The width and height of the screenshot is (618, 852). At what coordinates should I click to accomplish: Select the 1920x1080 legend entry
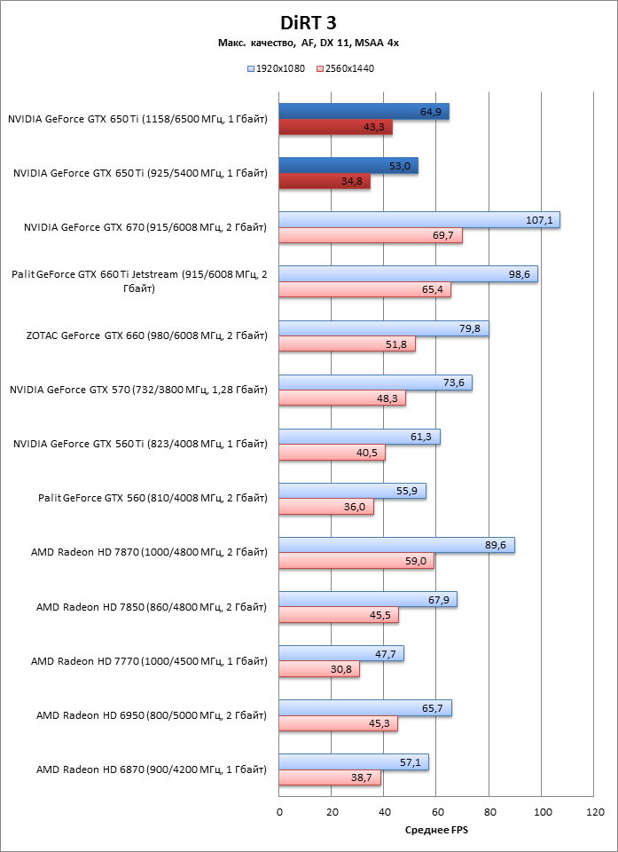[279, 67]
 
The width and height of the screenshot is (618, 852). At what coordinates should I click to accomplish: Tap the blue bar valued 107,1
[419, 220]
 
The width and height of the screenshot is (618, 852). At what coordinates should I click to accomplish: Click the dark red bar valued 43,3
[336, 128]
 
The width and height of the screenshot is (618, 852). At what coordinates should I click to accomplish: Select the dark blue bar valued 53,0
[348, 166]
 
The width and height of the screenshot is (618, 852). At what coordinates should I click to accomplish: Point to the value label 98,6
[520, 274]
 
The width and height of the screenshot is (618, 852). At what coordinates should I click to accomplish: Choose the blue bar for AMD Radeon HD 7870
[396, 545]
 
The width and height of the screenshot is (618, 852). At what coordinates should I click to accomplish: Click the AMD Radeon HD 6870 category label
[152, 769]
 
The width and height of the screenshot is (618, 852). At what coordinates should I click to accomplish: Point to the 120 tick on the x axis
[595, 812]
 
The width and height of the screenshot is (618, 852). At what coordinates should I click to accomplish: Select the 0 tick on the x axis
[279, 812]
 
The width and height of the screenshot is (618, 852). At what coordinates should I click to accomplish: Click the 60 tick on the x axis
[437, 812]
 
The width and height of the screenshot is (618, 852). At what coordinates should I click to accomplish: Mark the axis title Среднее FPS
[436, 831]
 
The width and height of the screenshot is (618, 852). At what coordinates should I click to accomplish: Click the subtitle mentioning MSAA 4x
[309, 43]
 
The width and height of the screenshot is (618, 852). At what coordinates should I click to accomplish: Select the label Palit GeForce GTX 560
[153, 499]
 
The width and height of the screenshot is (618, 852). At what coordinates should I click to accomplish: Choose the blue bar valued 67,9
[368, 599]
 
